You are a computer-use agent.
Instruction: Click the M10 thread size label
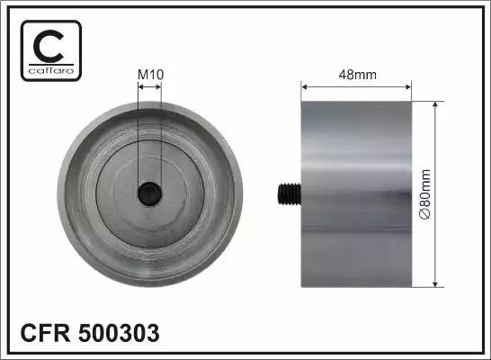(150, 75)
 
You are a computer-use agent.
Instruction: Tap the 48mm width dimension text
(358, 75)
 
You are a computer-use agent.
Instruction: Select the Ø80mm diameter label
(425, 194)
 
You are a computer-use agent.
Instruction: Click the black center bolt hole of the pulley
(149, 193)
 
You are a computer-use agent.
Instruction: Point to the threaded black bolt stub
(290, 194)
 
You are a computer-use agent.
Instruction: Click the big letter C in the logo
(49, 46)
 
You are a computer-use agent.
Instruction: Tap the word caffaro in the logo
(51, 70)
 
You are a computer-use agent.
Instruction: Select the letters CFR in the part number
(45, 333)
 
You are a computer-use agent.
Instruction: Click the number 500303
(119, 333)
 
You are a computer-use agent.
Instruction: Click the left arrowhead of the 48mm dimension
(304, 87)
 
